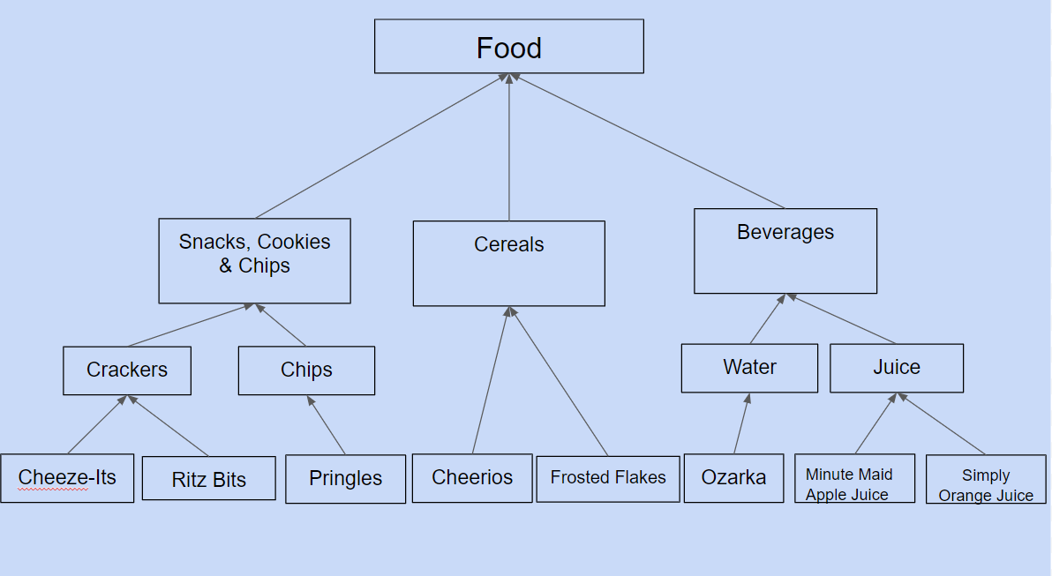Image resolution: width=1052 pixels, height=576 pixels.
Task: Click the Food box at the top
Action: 509,46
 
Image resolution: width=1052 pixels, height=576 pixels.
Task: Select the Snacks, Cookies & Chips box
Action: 254,261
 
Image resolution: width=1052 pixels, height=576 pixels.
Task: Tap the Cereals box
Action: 509,264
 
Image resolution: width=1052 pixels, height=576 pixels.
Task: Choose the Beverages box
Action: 785,251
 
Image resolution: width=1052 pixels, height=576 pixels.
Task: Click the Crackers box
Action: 127,370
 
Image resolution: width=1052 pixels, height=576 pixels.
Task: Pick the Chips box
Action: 306,370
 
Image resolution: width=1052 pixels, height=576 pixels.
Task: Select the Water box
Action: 749,368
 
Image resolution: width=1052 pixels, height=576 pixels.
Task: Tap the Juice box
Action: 897,368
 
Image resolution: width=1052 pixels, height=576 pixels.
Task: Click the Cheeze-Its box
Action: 67,478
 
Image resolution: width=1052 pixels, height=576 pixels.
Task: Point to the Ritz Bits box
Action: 208,478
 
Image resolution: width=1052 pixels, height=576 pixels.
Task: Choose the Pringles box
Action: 346,479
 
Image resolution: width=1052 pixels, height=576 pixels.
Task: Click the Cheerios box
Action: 472,478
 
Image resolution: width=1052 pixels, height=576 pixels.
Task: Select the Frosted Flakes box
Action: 608,479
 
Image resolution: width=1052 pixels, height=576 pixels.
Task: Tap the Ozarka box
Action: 734,478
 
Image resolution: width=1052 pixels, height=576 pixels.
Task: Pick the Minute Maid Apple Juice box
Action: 854,478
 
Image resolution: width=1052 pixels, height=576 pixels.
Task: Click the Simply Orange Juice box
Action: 987,480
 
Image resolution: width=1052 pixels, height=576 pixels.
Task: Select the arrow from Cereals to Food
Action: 509,146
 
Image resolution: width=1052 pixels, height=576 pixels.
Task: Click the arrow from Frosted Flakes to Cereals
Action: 559,381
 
